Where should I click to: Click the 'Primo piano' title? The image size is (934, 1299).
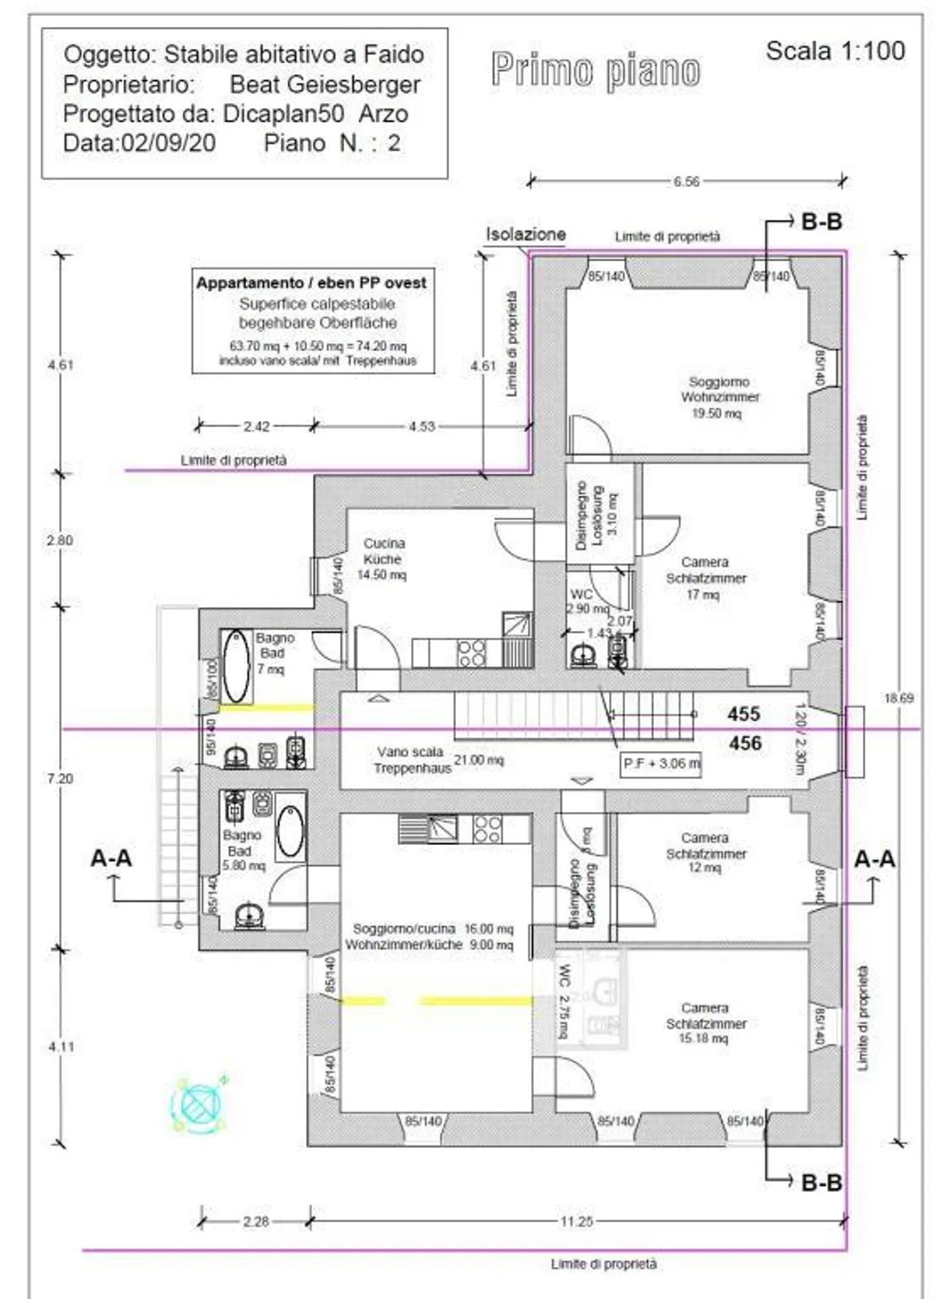click(x=595, y=70)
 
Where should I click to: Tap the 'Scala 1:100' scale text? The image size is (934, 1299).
click(x=835, y=51)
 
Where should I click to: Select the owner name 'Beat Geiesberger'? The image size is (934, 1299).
click(x=325, y=84)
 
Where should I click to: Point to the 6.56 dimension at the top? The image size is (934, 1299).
click(x=686, y=182)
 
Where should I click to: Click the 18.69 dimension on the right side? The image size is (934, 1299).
click(x=898, y=698)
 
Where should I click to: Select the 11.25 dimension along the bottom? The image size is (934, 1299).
click(x=577, y=1222)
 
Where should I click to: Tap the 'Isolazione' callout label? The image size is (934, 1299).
click(x=526, y=234)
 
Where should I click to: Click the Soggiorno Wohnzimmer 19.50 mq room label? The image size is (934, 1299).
click(x=719, y=397)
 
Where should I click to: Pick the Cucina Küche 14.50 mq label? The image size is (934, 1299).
click(x=383, y=558)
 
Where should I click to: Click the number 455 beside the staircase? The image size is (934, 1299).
click(x=743, y=714)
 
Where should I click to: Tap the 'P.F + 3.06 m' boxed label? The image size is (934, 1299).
click(x=661, y=763)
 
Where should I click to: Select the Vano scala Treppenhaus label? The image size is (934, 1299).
click(x=411, y=760)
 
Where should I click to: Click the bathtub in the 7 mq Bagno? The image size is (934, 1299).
click(x=236, y=666)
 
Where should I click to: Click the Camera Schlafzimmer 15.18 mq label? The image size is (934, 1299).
click(x=705, y=1023)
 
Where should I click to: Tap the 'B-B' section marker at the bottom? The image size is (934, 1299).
click(x=821, y=1182)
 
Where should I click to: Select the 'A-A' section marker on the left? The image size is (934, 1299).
click(x=111, y=859)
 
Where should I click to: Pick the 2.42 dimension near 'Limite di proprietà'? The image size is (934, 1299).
click(x=256, y=427)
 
